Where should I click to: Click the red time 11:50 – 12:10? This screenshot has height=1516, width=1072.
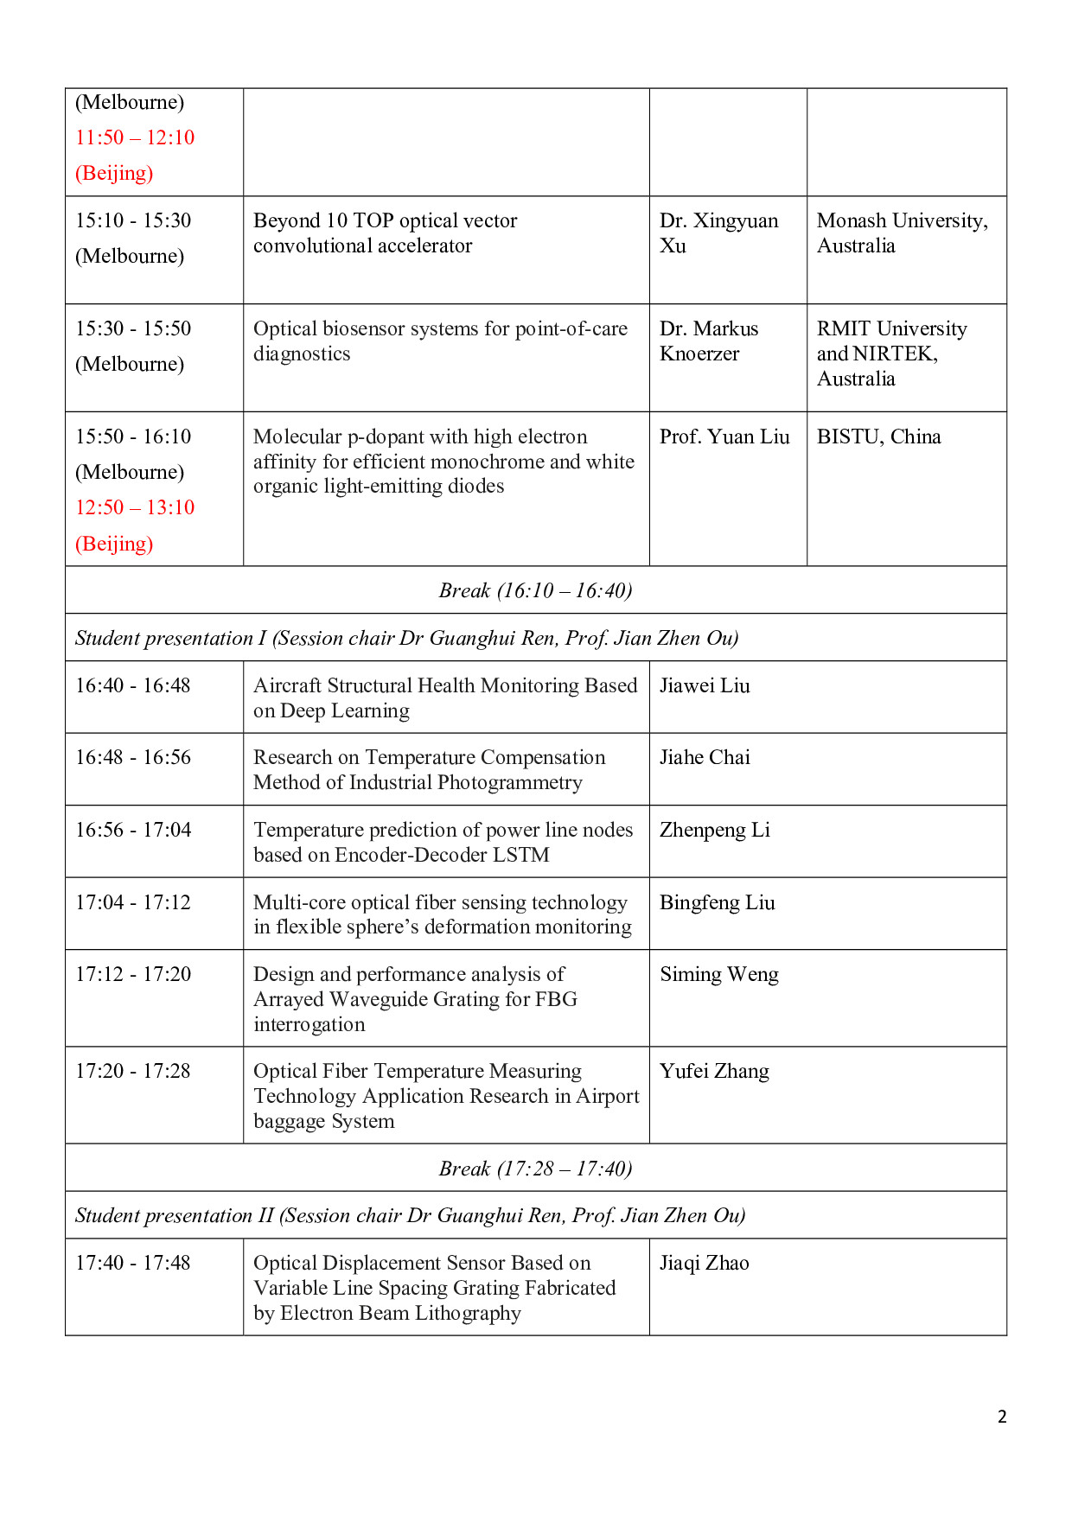(135, 137)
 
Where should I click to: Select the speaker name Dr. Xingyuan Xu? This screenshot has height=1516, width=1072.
(718, 233)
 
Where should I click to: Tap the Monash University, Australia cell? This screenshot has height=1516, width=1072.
(902, 233)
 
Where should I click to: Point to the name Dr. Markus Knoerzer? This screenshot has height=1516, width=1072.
(709, 341)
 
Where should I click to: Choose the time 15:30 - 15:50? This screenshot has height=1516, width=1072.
(133, 328)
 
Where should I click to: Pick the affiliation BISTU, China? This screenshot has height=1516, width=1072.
(878, 436)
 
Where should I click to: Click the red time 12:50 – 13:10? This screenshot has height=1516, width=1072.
(135, 507)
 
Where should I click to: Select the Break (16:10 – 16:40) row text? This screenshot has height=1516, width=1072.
(535, 590)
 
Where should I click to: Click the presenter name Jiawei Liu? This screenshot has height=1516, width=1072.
(705, 685)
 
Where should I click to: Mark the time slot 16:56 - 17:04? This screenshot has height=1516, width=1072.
(133, 830)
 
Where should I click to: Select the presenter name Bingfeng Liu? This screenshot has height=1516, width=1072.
(717, 902)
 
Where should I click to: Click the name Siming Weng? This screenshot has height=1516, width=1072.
(718, 974)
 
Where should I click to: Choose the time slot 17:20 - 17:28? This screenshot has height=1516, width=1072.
(133, 1071)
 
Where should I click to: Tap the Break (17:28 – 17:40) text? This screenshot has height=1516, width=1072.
(535, 1169)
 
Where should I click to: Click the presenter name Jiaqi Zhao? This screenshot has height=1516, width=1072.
(704, 1263)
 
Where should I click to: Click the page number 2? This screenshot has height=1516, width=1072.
(1002, 1417)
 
